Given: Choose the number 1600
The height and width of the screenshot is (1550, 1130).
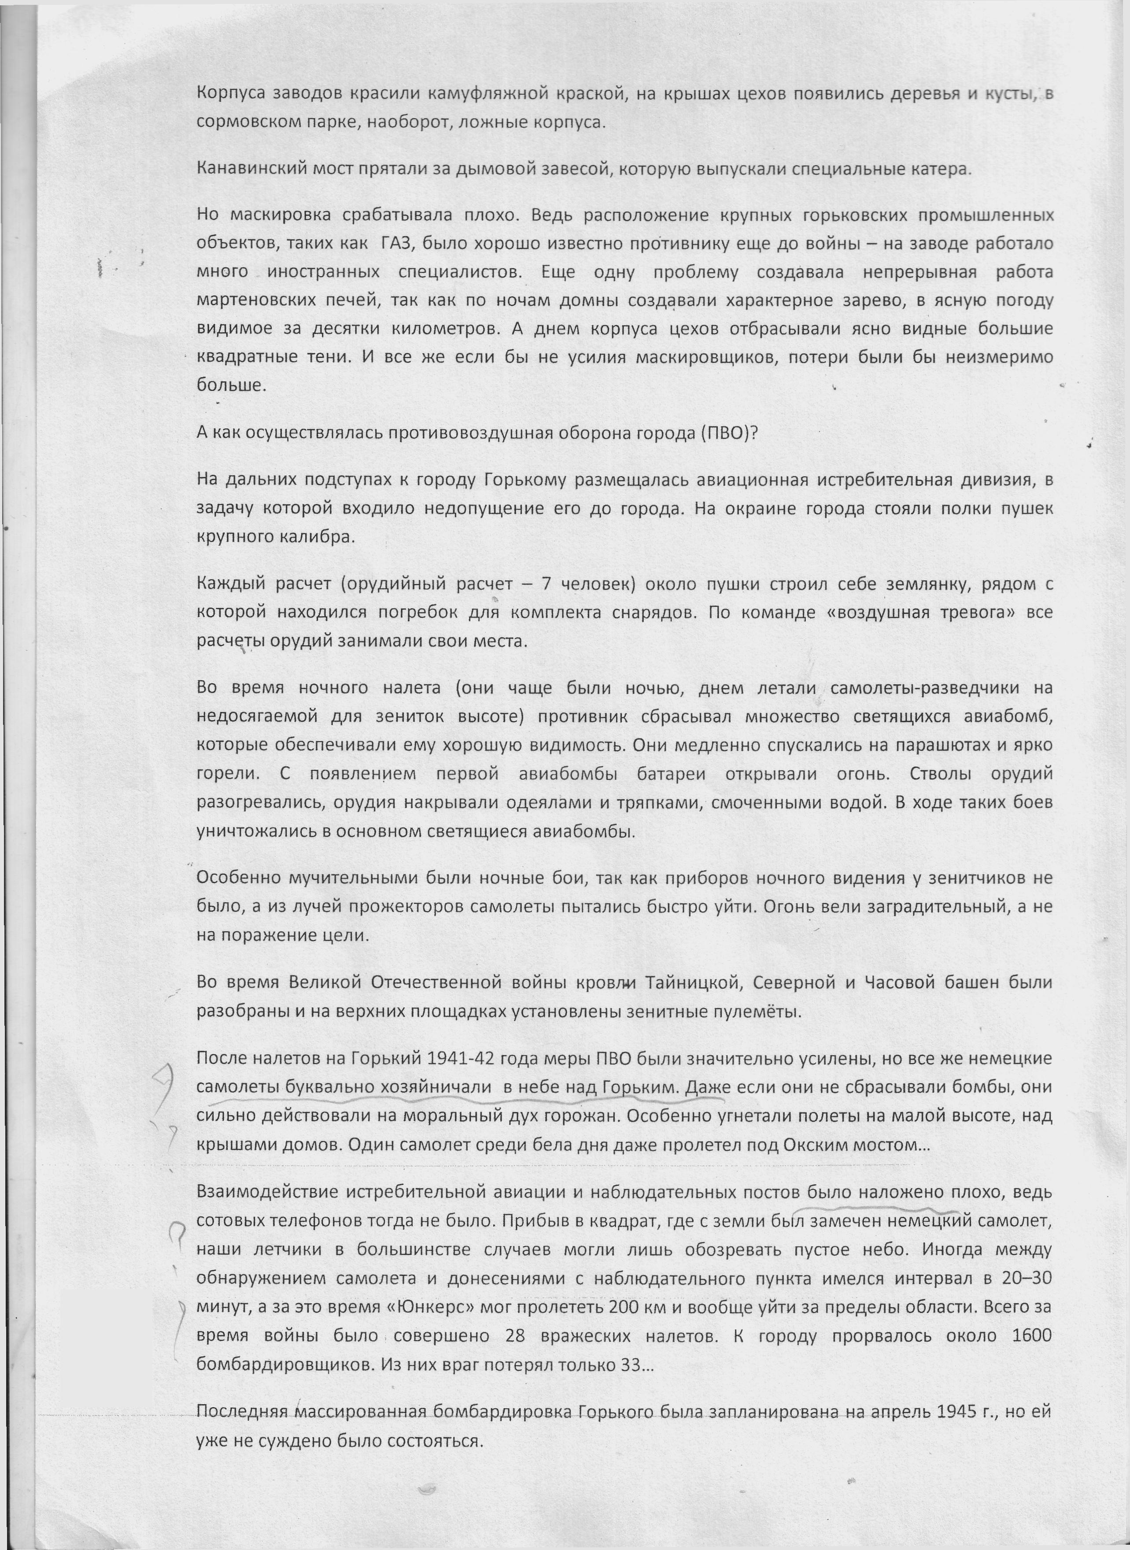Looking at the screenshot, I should click(x=1031, y=1335).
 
